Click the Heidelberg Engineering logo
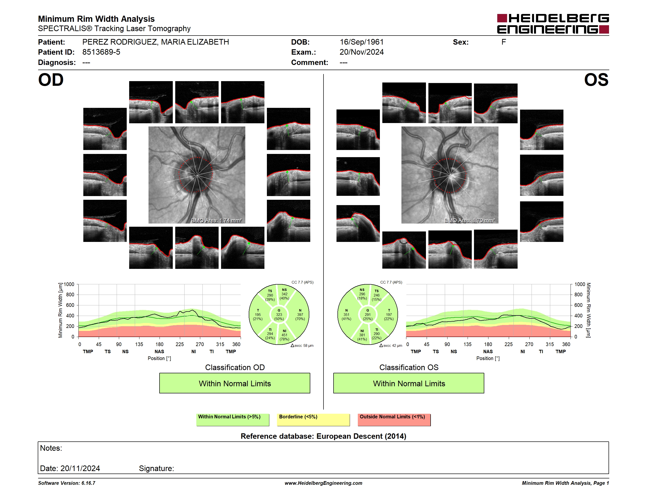coord(553,24)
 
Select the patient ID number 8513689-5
coord(101,52)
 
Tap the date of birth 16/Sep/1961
coord(361,42)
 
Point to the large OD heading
coord(51,80)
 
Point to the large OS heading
coord(596,80)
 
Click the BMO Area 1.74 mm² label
coord(217,220)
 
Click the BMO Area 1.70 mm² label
coord(470,220)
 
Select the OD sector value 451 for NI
coord(284,335)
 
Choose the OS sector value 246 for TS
coord(376,295)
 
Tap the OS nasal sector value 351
coord(346,314)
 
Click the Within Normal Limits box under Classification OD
coord(235,383)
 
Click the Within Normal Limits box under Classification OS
coord(409,383)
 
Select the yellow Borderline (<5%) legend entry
coord(313,420)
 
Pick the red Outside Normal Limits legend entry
coord(394,420)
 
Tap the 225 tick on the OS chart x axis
coord(508,344)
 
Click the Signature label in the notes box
coord(156,468)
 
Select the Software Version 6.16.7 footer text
coord(67,483)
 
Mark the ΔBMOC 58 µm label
coord(302,345)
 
